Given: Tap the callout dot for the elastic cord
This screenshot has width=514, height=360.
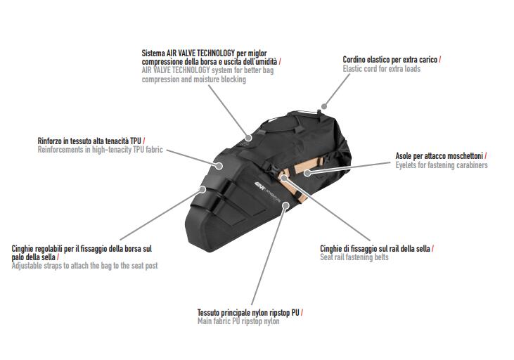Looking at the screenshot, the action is tap(324, 106).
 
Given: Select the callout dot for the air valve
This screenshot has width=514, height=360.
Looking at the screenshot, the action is tap(248, 138).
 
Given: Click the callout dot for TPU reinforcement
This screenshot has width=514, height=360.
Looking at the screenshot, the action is tap(219, 166).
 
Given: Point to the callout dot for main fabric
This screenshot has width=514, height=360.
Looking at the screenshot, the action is tap(286, 205).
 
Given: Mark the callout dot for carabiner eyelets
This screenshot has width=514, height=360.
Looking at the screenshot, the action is tap(307, 172).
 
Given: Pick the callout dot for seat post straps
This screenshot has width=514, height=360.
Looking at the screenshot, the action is tap(203, 189).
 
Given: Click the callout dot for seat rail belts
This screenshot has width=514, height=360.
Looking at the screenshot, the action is tap(284, 179).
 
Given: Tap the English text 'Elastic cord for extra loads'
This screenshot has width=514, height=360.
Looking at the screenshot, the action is tap(382, 69).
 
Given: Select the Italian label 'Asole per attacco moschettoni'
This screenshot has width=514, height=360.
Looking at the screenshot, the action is tap(439, 155).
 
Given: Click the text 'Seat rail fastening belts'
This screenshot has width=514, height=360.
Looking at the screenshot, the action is tap(354, 257).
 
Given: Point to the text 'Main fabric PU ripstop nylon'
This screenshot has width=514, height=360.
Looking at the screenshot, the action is tap(238, 321).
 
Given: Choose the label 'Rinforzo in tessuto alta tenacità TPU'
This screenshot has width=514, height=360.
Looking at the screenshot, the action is tap(89, 141).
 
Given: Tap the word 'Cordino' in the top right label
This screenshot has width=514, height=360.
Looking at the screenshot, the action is tap(354, 60).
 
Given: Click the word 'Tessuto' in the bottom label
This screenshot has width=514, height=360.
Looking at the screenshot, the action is tap(208, 313).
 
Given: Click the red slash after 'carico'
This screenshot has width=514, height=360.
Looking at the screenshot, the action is tap(440, 60).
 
